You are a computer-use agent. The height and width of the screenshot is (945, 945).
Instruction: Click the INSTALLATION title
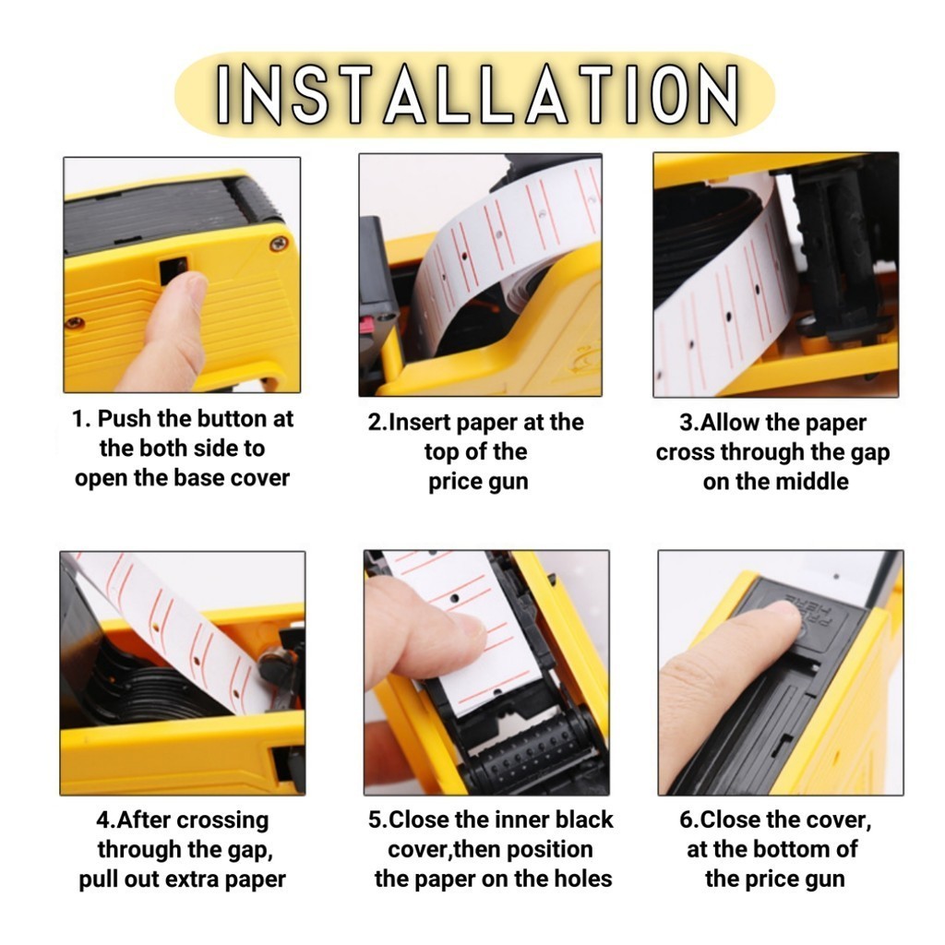477,95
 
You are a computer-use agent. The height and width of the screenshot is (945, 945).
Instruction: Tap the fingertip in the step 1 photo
191,289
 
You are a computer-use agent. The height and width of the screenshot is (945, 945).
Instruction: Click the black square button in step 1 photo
173,269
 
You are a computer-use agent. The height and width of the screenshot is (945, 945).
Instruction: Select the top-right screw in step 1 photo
278,244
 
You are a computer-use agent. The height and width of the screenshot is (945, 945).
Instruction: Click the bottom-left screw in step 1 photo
75,322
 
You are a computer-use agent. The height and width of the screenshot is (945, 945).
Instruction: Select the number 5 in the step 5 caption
375,820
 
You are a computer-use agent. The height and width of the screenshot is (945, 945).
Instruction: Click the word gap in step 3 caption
869,453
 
